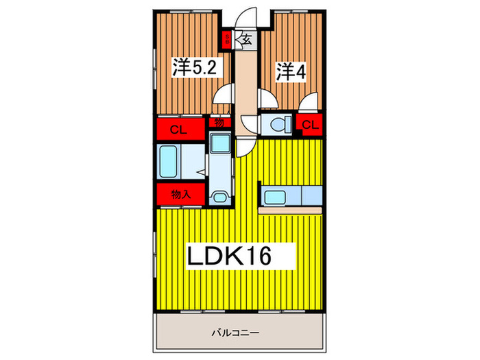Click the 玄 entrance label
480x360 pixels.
pos(245,40)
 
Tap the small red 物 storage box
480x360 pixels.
pos(219,123)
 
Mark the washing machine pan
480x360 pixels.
pos(221,143)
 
